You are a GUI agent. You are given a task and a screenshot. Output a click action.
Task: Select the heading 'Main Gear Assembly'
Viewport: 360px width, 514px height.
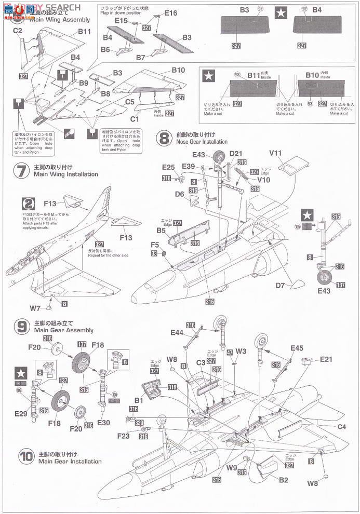tap(63, 330)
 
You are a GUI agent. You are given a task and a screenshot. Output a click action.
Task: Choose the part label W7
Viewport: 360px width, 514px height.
tap(35, 308)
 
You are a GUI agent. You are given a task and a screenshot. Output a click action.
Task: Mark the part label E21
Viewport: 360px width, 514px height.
tap(326, 359)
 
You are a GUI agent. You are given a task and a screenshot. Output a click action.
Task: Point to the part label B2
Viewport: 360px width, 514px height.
tap(283, 480)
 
